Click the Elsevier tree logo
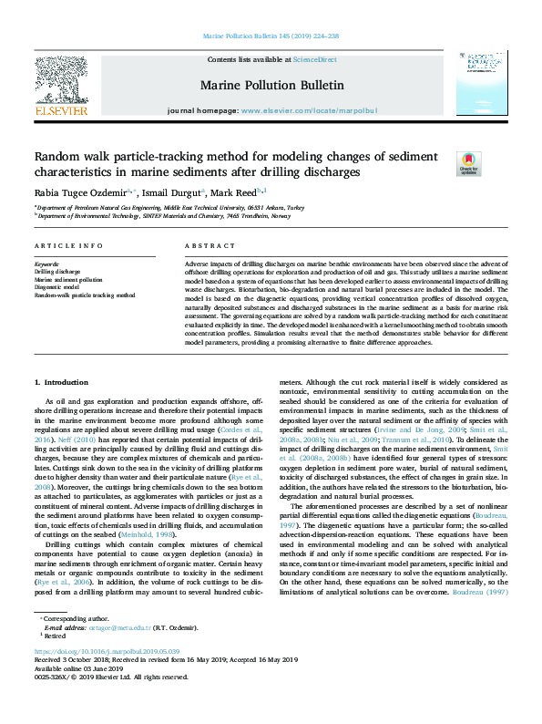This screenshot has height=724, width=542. click(61, 82)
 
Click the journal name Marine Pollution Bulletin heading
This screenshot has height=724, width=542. click(271, 85)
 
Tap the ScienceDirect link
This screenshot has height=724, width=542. click(313, 59)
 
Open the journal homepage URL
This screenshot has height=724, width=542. click(310, 110)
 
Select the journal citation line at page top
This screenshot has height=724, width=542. click(271, 37)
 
